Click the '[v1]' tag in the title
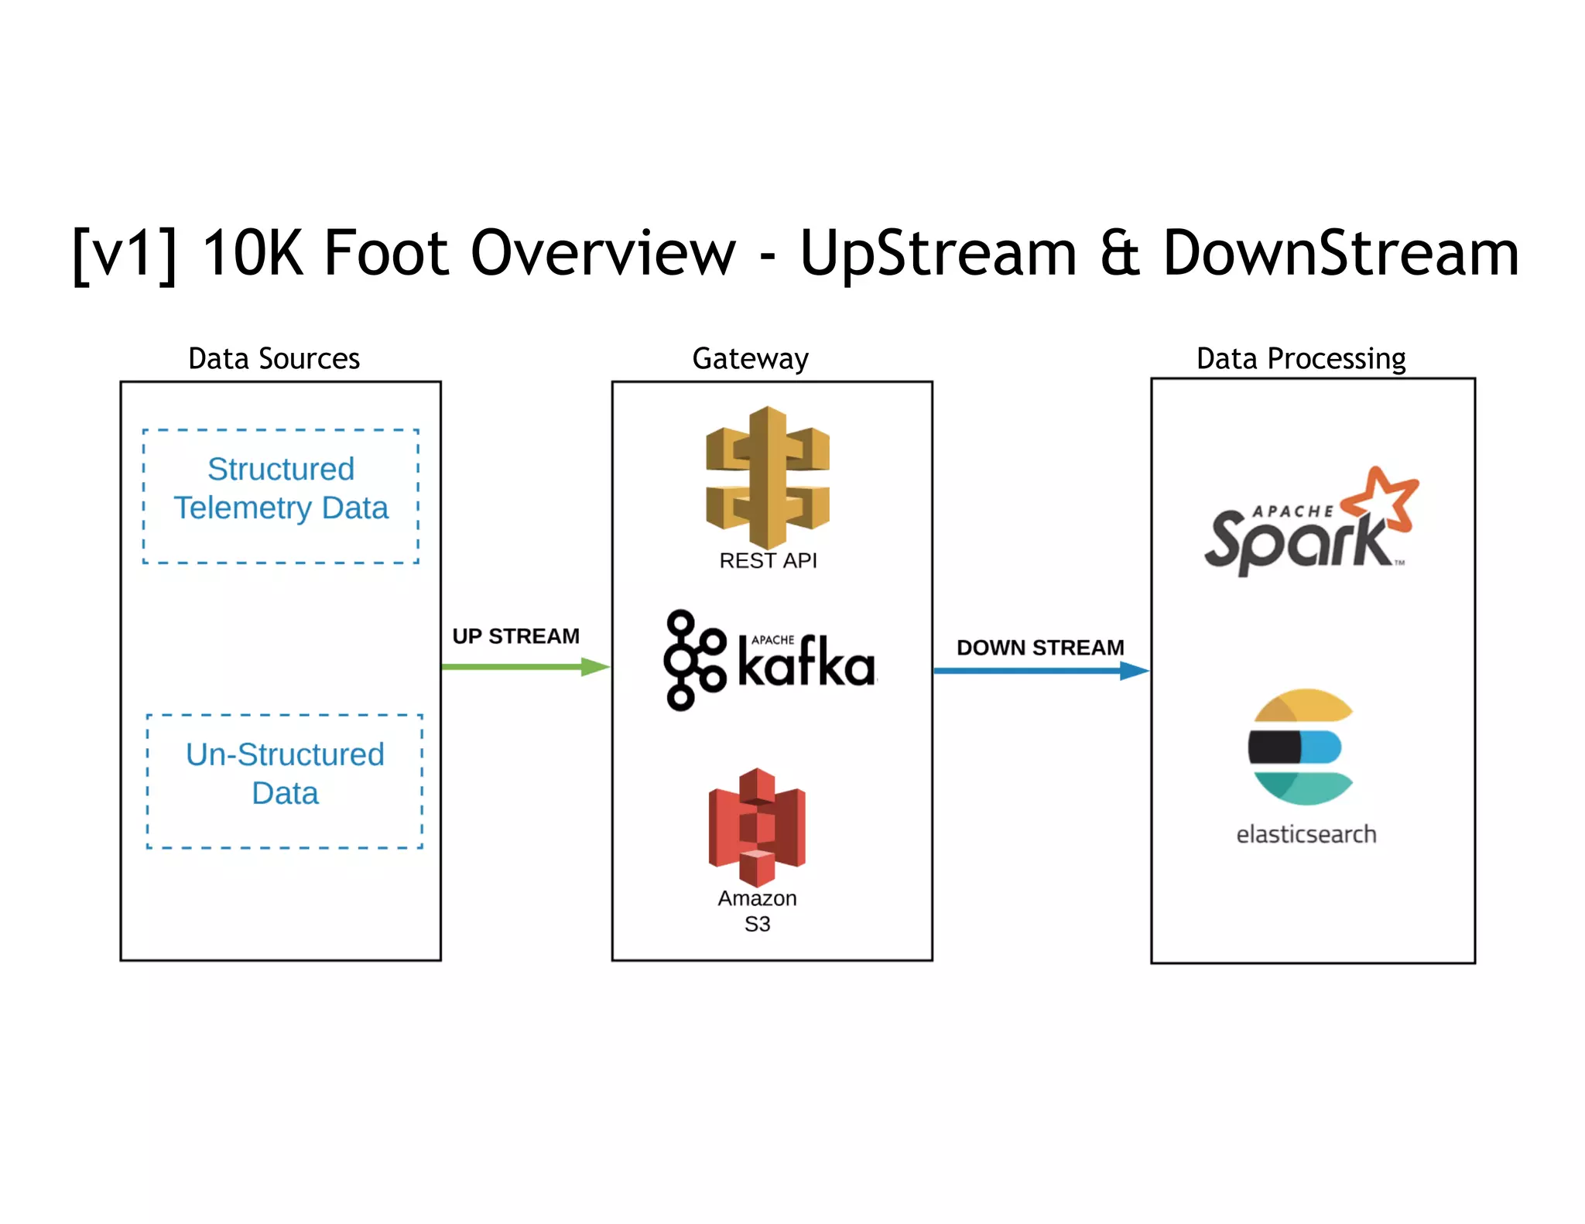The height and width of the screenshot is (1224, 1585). (x=124, y=253)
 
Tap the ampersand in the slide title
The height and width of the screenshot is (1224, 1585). (x=1119, y=253)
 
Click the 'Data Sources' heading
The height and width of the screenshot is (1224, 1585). (x=274, y=359)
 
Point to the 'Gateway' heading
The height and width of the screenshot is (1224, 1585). (x=750, y=359)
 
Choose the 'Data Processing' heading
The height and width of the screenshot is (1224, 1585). (x=1300, y=359)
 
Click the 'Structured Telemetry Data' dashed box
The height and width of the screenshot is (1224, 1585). (x=281, y=496)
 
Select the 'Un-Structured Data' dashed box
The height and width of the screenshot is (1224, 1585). (x=285, y=781)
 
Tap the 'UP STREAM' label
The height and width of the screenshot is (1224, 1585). (x=515, y=636)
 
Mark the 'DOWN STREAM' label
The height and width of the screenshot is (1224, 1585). (x=1039, y=648)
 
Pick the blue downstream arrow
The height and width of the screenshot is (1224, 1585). (x=1037, y=671)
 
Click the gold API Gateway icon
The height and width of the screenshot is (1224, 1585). (x=767, y=476)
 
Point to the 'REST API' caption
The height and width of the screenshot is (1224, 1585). (x=768, y=560)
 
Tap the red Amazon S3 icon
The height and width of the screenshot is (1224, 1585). (x=756, y=826)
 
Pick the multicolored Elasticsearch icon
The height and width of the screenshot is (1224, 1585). (x=1301, y=747)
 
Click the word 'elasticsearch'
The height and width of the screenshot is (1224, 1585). (x=1306, y=834)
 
